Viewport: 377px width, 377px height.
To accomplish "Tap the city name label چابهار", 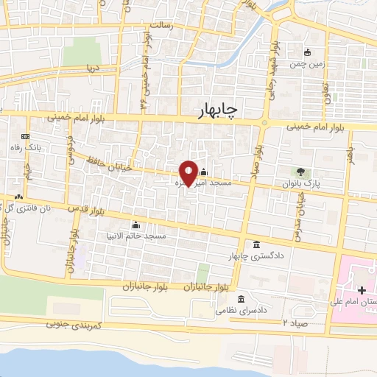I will click(219, 110).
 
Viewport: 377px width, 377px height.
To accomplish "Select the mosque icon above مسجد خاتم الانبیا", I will click(135, 225).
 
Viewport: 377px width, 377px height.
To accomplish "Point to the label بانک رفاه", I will click(25, 148).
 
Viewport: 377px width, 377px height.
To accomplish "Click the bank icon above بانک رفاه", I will click(25, 137).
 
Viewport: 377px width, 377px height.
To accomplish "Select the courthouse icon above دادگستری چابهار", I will click(256, 244).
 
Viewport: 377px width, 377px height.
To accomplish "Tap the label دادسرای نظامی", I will click(239, 310).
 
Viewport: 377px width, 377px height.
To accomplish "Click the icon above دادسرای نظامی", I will click(242, 299).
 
